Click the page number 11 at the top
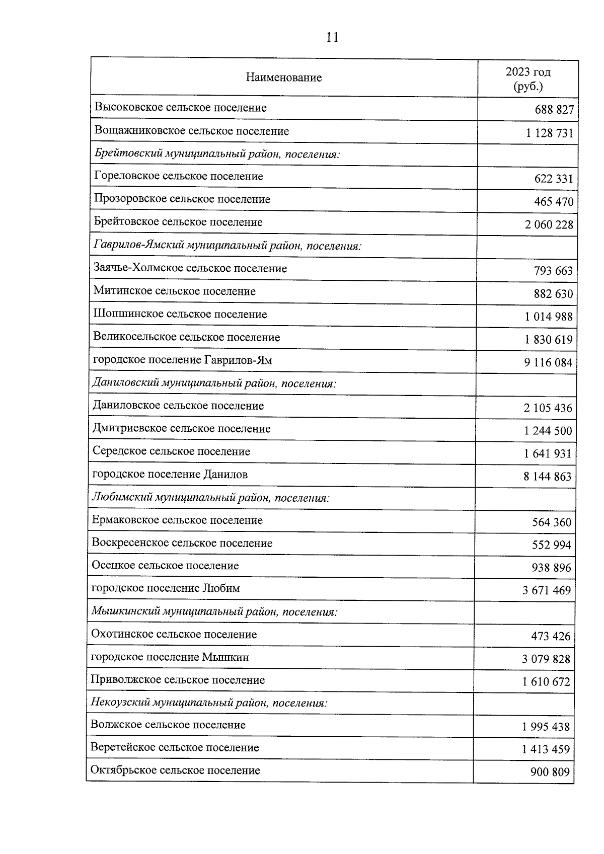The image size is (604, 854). click(x=332, y=37)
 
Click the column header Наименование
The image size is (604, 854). click(x=284, y=77)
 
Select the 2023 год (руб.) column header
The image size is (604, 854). click(x=528, y=79)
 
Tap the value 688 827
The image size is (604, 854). click(x=554, y=110)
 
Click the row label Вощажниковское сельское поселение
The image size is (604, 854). click(x=192, y=131)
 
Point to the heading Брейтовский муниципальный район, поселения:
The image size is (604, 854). click(x=217, y=154)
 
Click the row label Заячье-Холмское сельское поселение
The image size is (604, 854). click(x=190, y=268)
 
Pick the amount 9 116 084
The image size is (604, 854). click(x=548, y=362)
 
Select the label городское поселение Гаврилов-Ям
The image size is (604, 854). click(x=183, y=360)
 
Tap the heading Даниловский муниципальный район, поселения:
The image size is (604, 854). click(x=214, y=383)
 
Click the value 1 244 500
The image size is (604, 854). click(x=548, y=431)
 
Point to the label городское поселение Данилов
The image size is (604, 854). click(x=170, y=474)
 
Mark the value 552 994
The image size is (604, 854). click(x=551, y=545)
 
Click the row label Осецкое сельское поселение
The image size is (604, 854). click(x=165, y=566)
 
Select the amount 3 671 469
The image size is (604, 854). click(x=547, y=590)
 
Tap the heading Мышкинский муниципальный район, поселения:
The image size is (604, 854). click(x=214, y=612)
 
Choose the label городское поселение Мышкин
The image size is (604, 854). click(x=170, y=657)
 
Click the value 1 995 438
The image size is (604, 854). click(x=546, y=727)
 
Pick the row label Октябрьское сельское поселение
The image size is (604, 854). click(x=175, y=770)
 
